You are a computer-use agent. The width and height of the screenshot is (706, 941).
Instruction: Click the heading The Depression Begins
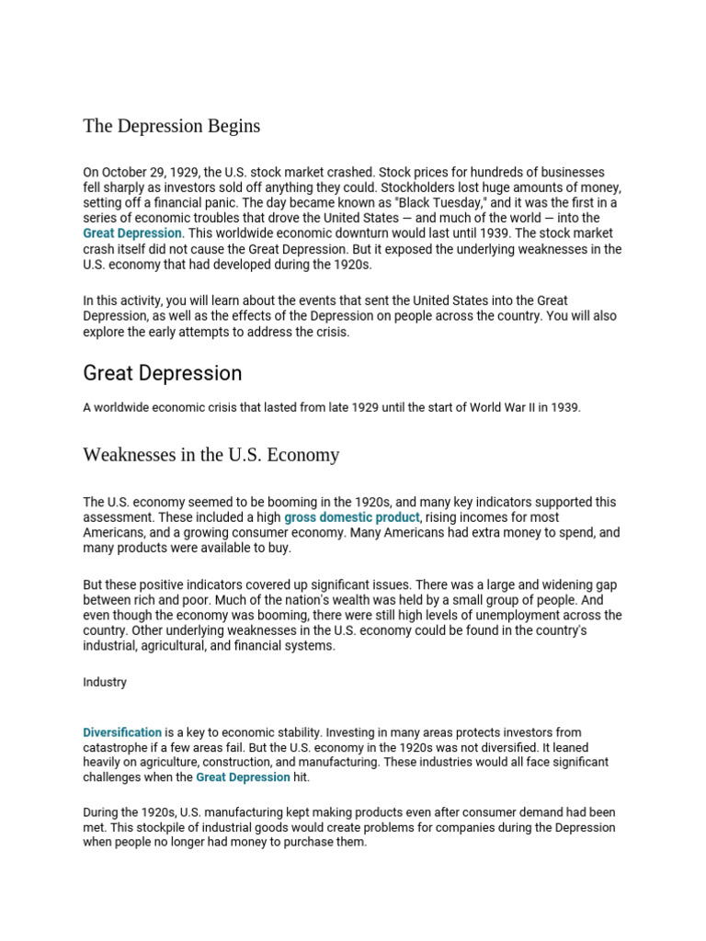[171, 126]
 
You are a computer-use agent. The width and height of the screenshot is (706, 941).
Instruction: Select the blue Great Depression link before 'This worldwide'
[132, 233]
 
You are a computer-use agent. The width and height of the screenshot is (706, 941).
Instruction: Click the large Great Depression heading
[163, 373]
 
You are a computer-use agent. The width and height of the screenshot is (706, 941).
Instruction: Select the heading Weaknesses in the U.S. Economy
[211, 455]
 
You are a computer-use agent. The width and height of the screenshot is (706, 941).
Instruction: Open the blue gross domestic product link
[352, 518]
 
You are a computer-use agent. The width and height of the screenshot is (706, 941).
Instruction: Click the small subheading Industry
[105, 683]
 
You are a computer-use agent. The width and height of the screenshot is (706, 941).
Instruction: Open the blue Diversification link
[122, 732]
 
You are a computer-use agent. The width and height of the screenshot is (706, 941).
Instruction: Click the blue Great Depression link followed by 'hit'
[243, 777]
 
